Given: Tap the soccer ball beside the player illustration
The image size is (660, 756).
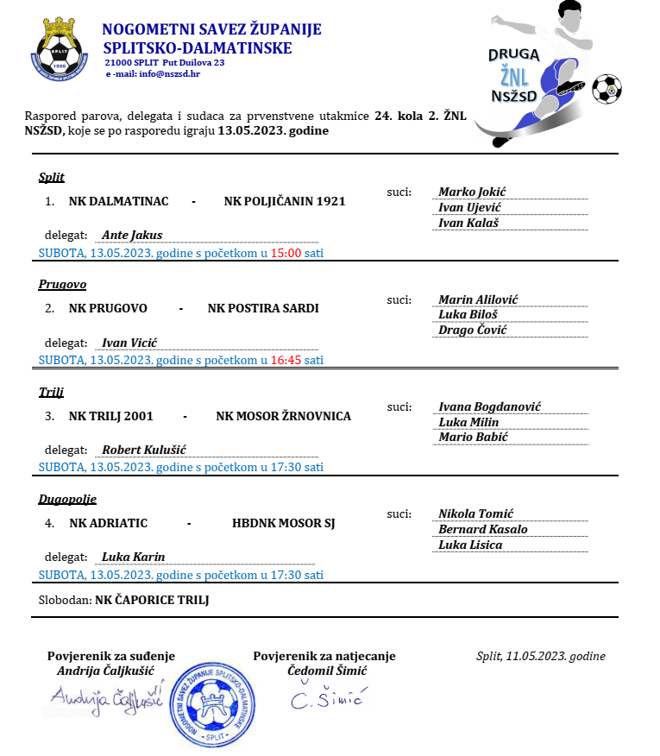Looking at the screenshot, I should tap(607, 88).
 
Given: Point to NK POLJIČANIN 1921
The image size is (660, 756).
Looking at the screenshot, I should tap(284, 201).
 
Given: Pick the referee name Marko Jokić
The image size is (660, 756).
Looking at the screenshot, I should tap(472, 192).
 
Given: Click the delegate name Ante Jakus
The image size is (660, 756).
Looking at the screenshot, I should tap(132, 235).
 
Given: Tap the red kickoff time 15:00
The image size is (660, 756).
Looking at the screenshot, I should tap(285, 253).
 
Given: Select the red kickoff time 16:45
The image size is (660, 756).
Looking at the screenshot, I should tap(285, 360).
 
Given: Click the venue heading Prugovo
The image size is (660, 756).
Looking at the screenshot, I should tap(62, 285).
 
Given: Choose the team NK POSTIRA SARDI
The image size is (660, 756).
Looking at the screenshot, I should tap(263, 308).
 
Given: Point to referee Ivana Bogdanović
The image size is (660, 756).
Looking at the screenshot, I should tap(489, 406).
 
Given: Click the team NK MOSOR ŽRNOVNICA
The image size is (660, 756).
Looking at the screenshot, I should tap(283, 416).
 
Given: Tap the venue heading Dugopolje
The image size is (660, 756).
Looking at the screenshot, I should tap(67, 499).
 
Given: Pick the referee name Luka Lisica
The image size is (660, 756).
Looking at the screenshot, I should tap(470, 545).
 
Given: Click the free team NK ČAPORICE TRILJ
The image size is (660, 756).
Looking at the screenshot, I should tap(152, 600).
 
